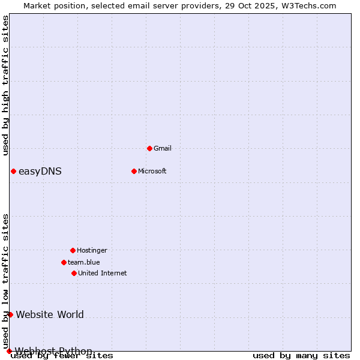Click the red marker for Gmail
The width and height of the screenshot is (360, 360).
click(x=149, y=148)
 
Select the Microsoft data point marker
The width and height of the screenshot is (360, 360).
click(x=134, y=171)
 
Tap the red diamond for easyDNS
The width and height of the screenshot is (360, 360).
click(x=13, y=171)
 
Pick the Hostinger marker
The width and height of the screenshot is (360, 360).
click(x=73, y=250)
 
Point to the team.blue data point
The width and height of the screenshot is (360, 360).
click(x=64, y=262)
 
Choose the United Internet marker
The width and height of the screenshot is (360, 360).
click(x=74, y=273)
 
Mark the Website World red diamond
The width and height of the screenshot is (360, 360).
click(x=10, y=314)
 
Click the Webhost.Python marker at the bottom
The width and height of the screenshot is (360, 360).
click(x=9, y=351)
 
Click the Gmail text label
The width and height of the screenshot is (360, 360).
click(x=163, y=148)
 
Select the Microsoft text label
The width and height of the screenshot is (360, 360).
click(x=152, y=171)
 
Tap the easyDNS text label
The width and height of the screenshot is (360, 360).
click(x=40, y=172)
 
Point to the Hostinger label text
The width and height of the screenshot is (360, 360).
click(x=92, y=250)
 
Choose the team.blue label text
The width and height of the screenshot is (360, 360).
click(x=84, y=262)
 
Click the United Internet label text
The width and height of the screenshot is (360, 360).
click(x=103, y=273)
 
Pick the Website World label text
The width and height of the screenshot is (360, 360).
click(x=50, y=314)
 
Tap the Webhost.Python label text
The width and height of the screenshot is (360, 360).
click(x=53, y=351)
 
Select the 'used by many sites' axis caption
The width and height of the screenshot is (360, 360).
click(x=301, y=356)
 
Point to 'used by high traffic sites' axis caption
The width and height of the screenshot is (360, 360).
click(x=5, y=85)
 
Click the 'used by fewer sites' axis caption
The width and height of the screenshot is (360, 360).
click(x=62, y=356)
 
